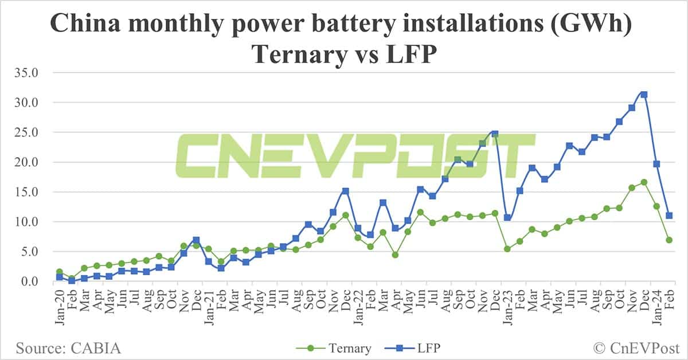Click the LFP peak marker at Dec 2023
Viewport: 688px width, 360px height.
pos(644,95)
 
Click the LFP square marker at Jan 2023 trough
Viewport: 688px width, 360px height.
pos(507,218)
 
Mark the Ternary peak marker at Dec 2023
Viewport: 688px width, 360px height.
pos(644,182)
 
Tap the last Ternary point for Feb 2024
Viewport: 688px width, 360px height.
pos(669,240)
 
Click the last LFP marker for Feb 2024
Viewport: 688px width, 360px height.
pos(669,216)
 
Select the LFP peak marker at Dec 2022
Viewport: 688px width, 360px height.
pos(495,134)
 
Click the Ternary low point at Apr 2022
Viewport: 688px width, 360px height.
pos(395,255)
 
